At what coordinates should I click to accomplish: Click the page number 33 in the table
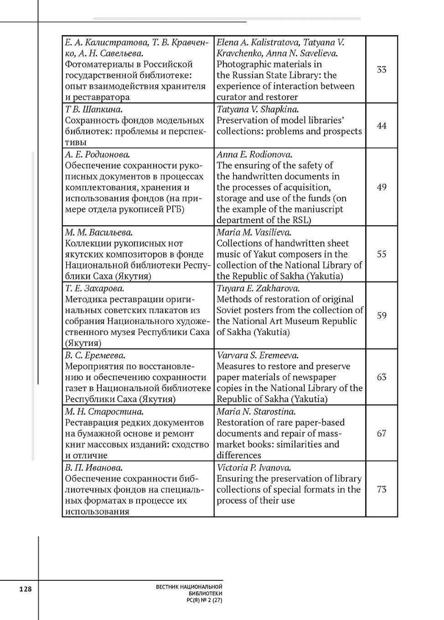382,70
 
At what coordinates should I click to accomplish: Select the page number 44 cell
382,126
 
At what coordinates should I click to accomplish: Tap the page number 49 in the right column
382,187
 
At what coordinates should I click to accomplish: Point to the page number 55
382,254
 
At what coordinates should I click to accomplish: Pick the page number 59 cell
382,315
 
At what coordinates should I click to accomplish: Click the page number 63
382,377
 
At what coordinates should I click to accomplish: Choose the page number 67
382,434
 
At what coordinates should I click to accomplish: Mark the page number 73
382,490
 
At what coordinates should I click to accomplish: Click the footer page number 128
26,589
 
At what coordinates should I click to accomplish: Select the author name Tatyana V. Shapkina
258,109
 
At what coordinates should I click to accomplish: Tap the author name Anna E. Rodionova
254,155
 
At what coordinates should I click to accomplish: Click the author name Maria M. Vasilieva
254,232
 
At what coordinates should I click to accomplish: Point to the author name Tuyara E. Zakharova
258,289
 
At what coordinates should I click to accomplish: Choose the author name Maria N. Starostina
256,412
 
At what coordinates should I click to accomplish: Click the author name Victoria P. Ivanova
254,468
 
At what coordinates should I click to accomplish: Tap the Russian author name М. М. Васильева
99,232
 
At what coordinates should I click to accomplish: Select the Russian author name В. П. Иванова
93,468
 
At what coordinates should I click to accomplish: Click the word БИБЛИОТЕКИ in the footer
205,594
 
